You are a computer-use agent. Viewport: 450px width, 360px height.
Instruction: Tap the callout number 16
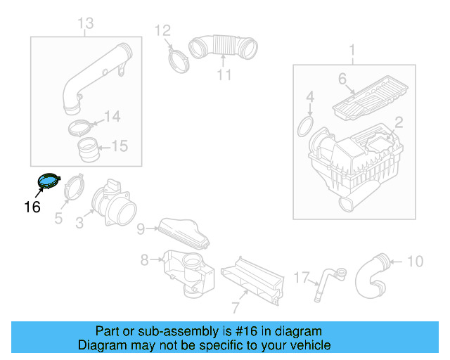pyautogui.click(x=32, y=207)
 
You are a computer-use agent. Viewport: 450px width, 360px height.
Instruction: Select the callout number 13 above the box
pyautogui.click(x=85, y=25)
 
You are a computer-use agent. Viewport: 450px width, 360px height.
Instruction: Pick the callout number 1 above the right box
pyautogui.click(x=352, y=50)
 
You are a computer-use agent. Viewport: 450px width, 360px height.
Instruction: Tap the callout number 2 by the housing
pyautogui.click(x=398, y=123)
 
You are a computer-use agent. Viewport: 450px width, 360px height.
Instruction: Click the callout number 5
pyautogui.click(x=58, y=219)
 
